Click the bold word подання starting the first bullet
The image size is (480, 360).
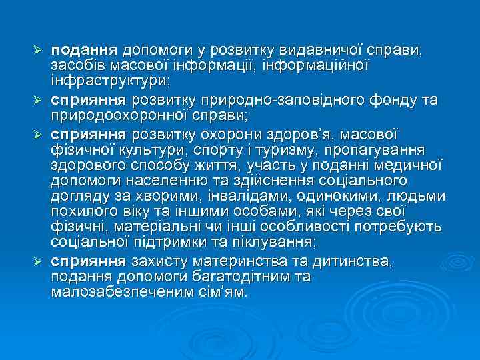[84, 50]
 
